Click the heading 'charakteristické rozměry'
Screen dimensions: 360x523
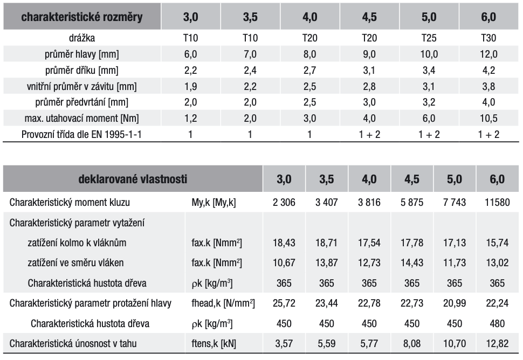coord(82,17)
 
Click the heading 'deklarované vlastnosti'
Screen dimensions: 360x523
coord(134,179)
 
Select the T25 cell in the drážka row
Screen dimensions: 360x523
coord(429,38)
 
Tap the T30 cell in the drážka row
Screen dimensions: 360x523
coord(488,38)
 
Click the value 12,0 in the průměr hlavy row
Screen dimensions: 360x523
coord(488,54)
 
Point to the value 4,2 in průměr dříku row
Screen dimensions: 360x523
coord(488,70)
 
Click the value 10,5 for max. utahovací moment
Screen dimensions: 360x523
coord(488,118)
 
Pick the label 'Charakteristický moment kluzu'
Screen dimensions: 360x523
coord(70,203)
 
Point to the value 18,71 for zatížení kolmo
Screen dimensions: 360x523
coord(326,243)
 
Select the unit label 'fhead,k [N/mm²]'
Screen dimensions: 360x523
coord(223,303)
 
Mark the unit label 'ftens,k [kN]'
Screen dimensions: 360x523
coord(215,344)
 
